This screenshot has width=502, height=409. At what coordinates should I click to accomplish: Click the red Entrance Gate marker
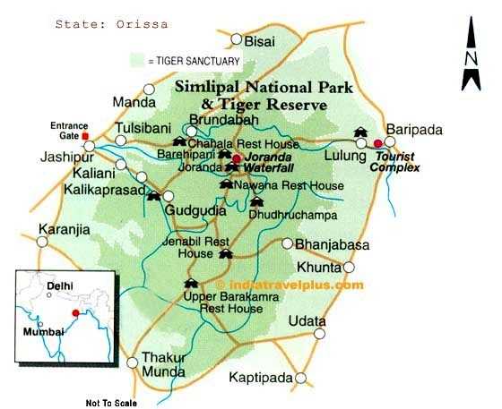pos(86,136)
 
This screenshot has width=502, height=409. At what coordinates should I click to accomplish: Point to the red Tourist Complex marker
pos(377,143)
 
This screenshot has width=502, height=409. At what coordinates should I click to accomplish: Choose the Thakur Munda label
pos(163,368)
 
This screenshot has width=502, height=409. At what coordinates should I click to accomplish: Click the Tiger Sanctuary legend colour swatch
pos(137,61)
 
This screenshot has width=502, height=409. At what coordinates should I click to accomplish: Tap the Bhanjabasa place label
pos(326,243)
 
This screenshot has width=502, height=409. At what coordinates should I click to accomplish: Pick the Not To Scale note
pos(111,402)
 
